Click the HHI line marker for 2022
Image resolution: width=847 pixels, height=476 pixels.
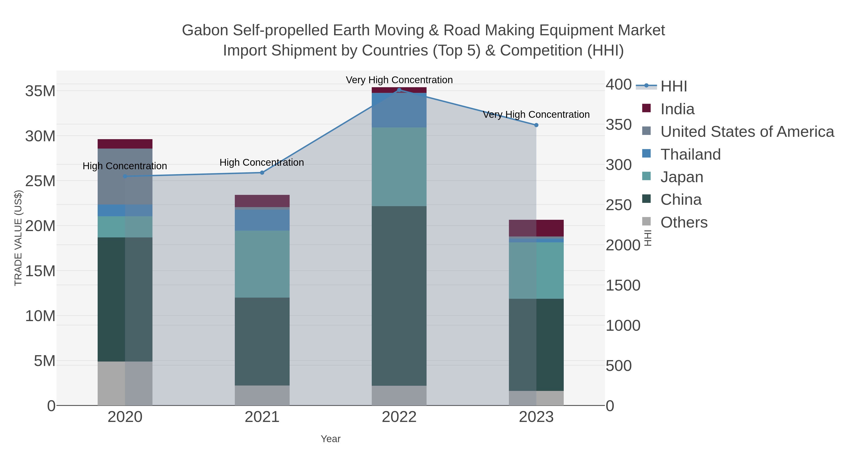[x=399, y=90]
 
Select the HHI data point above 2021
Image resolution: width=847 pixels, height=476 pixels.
[x=262, y=173]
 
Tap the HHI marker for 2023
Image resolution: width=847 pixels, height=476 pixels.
[x=536, y=125]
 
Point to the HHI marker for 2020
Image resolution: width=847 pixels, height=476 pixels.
[x=125, y=176]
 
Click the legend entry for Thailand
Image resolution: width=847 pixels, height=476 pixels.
[x=691, y=154]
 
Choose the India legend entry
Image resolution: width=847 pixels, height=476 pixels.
[x=677, y=109]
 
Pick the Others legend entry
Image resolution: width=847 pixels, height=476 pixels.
[x=684, y=222]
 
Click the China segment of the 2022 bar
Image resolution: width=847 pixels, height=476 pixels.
[x=399, y=296]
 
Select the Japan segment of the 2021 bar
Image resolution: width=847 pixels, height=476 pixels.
[x=262, y=264]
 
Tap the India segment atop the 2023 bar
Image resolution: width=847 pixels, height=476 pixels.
[x=536, y=228]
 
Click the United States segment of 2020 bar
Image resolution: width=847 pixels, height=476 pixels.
[x=125, y=176]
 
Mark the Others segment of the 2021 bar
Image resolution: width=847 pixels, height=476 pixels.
[x=262, y=396]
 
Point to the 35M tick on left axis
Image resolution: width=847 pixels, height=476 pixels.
[x=40, y=91]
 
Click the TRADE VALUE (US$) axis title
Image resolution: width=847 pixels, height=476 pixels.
[x=18, y=238]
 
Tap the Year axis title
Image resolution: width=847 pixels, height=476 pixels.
[x=331, y=439]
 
